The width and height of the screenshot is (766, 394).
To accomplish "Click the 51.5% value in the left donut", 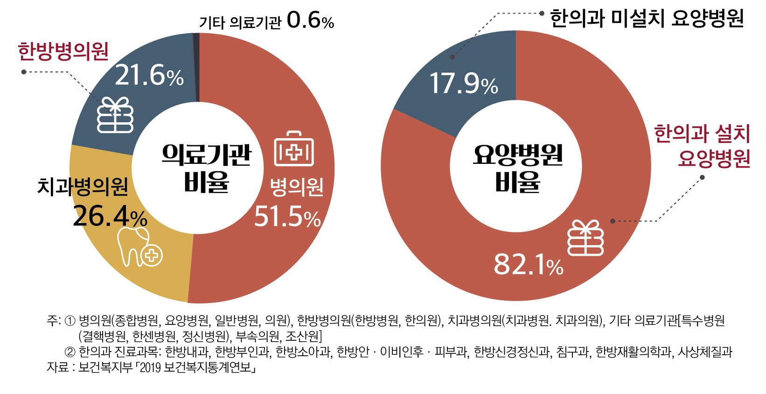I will click(x=287, y=217).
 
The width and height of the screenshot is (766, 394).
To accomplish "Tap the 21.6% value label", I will click(x=149, y=75).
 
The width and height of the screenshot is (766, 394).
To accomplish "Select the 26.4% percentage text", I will click(x=110, y=216).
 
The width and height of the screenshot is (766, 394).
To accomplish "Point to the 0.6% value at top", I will click(x=310, y=21).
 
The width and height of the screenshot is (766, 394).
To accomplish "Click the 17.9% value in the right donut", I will click(x=463, y=84).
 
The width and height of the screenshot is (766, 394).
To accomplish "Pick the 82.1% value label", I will click(x=528, y=264).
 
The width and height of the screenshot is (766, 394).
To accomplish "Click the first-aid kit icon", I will click(x=294, y=149).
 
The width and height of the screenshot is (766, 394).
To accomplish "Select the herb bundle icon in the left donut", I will click(x=115, y=115).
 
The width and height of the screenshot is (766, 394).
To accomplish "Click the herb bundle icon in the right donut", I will click(x=585, y=238).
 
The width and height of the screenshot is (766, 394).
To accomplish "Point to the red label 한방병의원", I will click(x=63, y=51).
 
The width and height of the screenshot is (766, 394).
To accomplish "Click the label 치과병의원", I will click(x=83, y=186).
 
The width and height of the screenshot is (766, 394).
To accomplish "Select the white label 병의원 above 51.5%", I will click(x=297, y=187).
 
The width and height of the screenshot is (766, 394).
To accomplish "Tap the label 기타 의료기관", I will click(x=240, y=22).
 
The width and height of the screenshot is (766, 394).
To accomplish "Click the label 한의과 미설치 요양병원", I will click(x=647, y=19).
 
